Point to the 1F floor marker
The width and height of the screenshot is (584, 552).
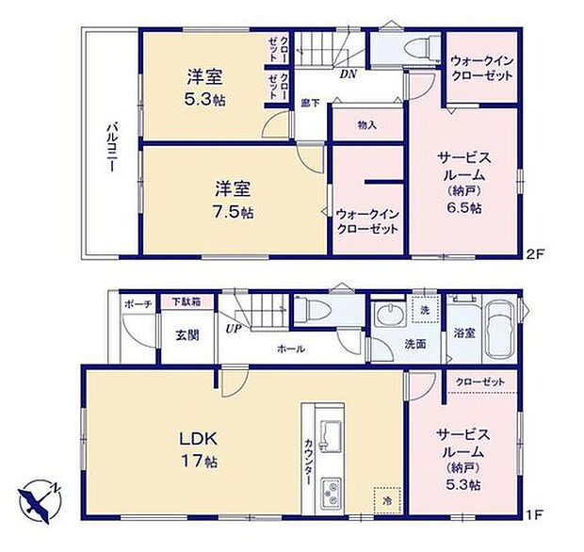click(535, 514)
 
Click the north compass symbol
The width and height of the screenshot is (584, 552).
click(38, 495)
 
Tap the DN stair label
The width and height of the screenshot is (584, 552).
click(348, 75)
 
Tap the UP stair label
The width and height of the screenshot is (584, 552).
click(231, 328)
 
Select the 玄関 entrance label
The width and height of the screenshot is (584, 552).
click(186, 334)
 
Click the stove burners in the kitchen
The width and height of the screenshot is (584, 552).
click(332, 492)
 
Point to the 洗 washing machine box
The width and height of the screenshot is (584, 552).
click(425, 310)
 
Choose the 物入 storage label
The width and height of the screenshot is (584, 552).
click(366, 124)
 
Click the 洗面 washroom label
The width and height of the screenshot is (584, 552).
click(415, 344)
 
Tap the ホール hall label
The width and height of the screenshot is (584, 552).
click(290, 349)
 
